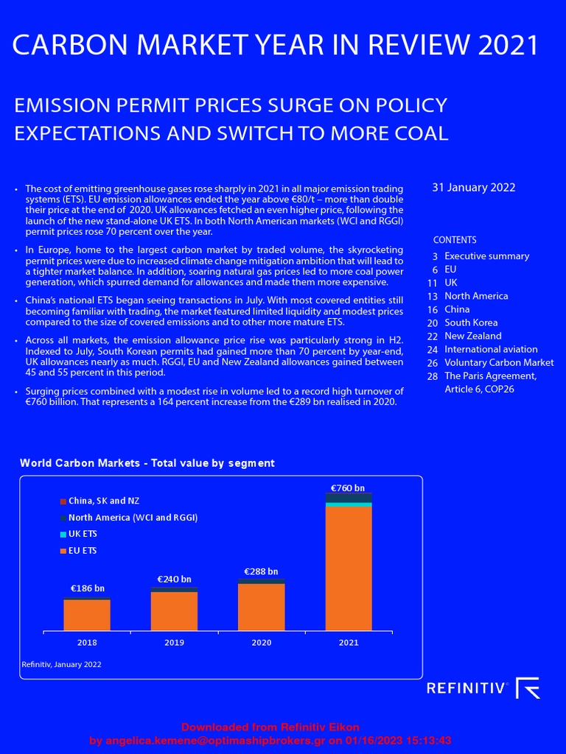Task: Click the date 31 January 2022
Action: tap(473, 188)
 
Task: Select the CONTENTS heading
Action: tap(455, 240)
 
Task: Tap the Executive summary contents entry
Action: tap(486, 256)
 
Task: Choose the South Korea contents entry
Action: tap(471, 323)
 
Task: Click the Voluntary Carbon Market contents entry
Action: tap(499, 362)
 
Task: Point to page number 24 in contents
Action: tap(432, 349)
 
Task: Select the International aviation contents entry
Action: tap(491, 349)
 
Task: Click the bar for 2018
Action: tap(87, 615)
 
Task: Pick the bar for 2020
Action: tap(261, 605)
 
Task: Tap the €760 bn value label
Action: tap(347, 487)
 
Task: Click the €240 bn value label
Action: tap(174, 579)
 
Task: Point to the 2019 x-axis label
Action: tap(174, 643)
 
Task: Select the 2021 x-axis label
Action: tap(349, 643)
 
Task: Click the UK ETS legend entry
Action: tap(83, 534)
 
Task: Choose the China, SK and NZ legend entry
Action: tap(103, 501)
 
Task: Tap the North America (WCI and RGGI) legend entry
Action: tap(133, 518)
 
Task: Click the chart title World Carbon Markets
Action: tap(147, 463)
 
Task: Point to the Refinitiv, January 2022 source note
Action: tap(60, 664)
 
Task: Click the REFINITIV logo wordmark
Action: tap(467, 688)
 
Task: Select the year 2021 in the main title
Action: tap(509, 46)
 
